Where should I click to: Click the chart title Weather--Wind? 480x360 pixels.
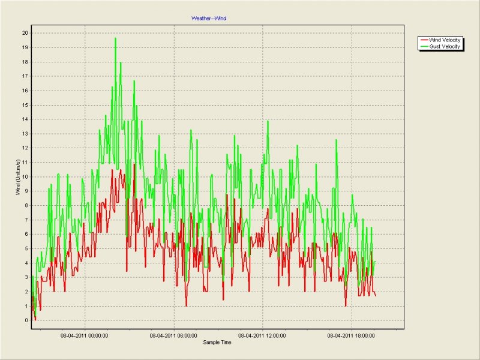pyautogui.click(x=209, y=19)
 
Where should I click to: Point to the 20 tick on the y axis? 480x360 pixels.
pyautogui.click(x=25, y=32)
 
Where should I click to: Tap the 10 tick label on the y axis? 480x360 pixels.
pyautogui.click(x=25, y=176)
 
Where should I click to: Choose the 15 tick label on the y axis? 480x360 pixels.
pyautogui.click(x=25, y=104)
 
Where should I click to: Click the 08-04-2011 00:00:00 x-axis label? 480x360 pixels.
pyautogui.click(x=85, y=336)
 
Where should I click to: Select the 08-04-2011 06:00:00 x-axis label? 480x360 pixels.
pyautogui.click(x=173, y=336)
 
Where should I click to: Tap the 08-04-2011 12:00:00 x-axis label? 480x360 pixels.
pyautogui.click(x=262, y=336)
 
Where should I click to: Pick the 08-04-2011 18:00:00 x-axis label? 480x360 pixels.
pyautogui.click(x=352, y=336)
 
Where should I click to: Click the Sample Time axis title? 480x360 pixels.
pyautogui.click(x=217, y=342)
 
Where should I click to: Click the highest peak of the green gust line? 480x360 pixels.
pyautogui.click(x=115, y=38)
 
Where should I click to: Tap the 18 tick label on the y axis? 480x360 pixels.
pyautogui.click(x=25, y=61)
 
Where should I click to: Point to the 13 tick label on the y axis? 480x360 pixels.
pyautogui.click(x=25, y=133)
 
